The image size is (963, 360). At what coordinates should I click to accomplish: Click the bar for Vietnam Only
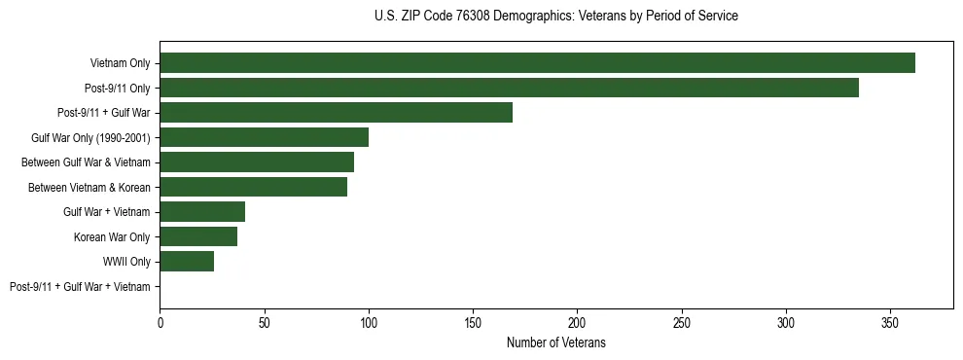coord(537,63)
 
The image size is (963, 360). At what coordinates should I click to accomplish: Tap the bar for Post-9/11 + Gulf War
coord(336,113)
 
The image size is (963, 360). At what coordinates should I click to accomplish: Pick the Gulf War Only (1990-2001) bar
coord(264,137)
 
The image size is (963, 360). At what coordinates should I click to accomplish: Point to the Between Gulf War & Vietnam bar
coord(257,162)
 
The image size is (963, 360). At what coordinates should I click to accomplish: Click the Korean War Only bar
coord(198,236)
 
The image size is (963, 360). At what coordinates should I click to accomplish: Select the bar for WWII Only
coord(187,262)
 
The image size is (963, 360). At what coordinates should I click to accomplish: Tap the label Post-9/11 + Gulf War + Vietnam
coord(80,287)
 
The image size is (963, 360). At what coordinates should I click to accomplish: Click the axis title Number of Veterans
coord(556,342)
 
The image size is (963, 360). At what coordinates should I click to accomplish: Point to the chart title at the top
coord(556,17)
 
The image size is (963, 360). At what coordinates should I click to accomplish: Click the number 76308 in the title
coord(474,17)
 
